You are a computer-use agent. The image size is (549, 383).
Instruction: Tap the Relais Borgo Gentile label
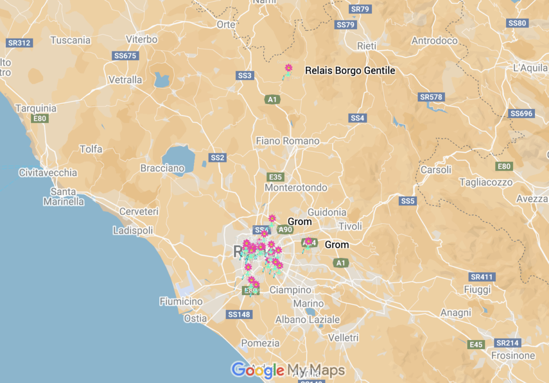[x=350, y=70]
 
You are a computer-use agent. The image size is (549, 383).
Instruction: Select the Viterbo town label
[x=142, y=39]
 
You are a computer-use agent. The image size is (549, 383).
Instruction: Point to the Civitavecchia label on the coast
[x=48, y=173]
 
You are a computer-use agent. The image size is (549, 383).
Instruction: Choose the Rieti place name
[x=367, y=46]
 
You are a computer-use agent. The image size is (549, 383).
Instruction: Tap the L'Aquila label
[x=530, y=68]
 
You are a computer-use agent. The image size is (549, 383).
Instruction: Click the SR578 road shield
[x=431, y=97]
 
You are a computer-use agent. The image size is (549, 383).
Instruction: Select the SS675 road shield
[x=125, y=56]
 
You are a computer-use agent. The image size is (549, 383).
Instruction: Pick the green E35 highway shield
[x=275, y=176]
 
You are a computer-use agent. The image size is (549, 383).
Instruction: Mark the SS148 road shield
[x=239, y=314]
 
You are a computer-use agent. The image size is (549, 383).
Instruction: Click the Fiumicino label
[x=181, y=301]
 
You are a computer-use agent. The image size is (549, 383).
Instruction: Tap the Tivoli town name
[x=350, y=226]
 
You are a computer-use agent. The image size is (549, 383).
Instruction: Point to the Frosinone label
[x=513, y=356]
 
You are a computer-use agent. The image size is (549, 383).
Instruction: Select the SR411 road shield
[x=482, y=277]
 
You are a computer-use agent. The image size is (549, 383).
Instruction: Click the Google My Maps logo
[x=288, y=370]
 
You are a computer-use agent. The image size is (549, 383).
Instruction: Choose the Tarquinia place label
[x=35, y=108]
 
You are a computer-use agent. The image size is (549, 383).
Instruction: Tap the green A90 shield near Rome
[x=285, y=230]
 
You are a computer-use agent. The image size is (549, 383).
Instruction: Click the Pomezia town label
[x=261, y=343]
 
